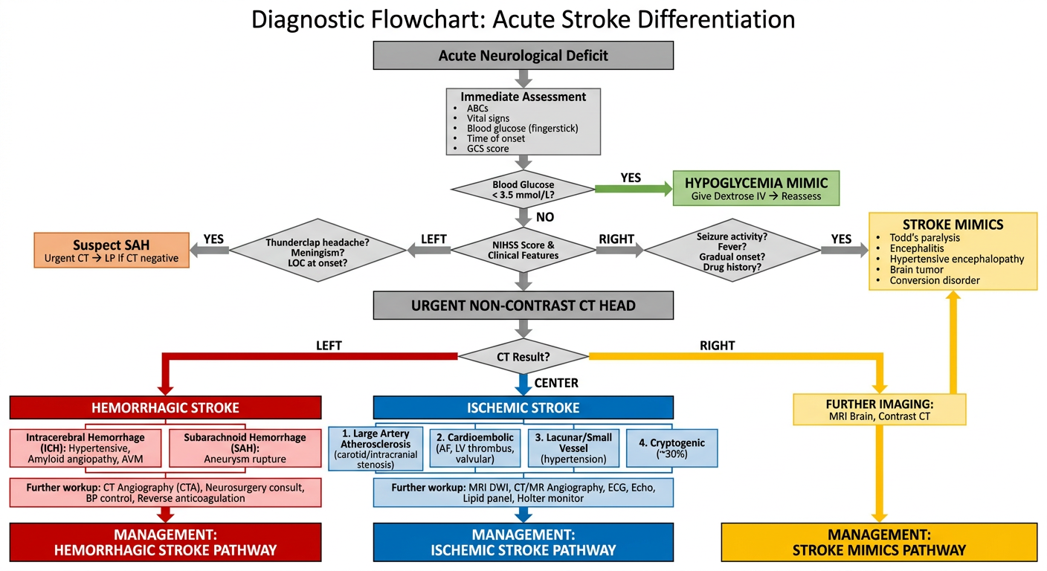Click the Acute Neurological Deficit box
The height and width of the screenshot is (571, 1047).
[x=523, y=55]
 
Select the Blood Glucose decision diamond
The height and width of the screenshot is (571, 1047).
[x=523, y=190]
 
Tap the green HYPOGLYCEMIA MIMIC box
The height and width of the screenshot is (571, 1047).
[x=756, y=188]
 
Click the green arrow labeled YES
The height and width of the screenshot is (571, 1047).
[x=634, y=189]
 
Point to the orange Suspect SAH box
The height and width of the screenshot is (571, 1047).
[x=112, y=250]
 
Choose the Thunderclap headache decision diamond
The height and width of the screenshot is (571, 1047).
[x=318, y=250]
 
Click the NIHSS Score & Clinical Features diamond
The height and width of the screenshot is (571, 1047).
[x=523, y=250]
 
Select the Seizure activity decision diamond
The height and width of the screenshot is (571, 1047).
[x=732, y=250]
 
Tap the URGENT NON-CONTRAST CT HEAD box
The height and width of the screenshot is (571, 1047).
[x=523, y=305]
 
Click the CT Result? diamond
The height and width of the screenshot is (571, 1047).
[x=523, y=357]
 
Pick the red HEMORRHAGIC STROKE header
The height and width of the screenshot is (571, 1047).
[x=166, y=407]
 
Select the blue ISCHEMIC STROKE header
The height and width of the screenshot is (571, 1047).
[x=523, y=407]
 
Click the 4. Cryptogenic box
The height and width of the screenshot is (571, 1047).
[x=671, y=448]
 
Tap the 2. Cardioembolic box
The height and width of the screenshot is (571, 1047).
[x=475, y=448]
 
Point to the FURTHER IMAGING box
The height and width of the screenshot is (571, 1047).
[x=879, y=410]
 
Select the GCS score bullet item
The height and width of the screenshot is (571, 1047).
[x=481, y=149]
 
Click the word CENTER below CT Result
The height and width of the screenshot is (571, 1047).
[x=556, y=383]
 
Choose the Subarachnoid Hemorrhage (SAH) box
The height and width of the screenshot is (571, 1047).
[x=245, y=448]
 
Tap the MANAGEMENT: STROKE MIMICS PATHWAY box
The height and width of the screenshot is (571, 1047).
[x=879, y=542]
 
